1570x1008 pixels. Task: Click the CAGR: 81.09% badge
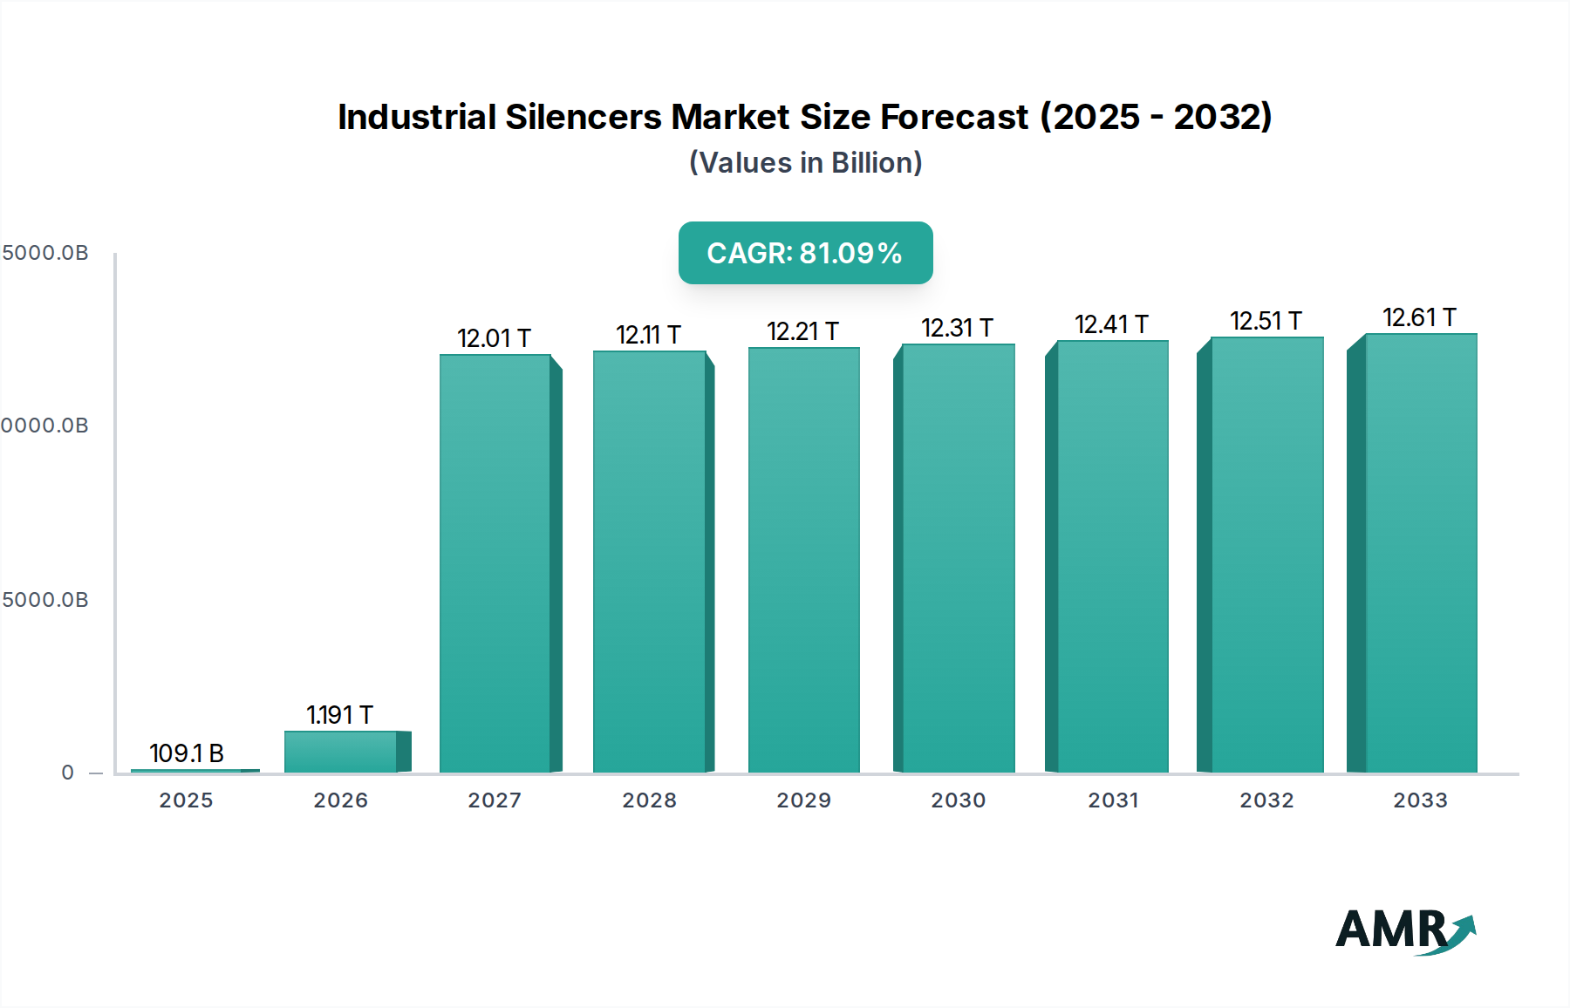click(805, 253)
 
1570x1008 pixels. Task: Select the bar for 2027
click(495, 563)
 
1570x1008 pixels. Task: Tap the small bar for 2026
click(341, 752)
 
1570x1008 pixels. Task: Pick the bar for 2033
click(1421, 553)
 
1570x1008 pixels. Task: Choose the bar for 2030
click(959, 558)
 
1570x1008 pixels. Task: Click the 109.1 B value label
click(187, 753)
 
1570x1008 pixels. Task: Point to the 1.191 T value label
click(339, 715)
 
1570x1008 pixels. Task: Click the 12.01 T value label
click(494, 338)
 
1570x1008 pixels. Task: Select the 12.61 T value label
click(1419, 317)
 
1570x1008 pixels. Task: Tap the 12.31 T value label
click(957, 328)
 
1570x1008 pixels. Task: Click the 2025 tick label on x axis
click(186, 800)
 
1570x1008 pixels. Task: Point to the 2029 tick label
click(803, 800)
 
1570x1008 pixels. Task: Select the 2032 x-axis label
click(1266, 800)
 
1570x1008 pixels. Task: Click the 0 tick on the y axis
click(68, 773)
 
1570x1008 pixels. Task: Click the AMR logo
click(1404, 930)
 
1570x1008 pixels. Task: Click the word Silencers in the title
click(584, 117)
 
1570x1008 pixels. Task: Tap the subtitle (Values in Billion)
click(805, 163)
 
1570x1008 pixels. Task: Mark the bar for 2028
click(650, 562)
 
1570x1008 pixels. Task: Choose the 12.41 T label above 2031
click(1111, 324)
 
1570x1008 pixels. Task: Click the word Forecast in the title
click(954, 117)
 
